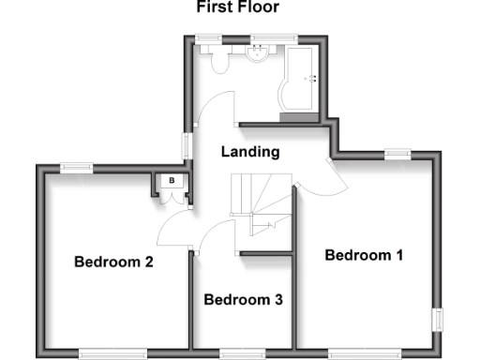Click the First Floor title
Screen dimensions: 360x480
(x=237, y=7)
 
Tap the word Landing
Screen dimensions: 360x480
(x=250, y=152)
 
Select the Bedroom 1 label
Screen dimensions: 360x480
(x=363, y=255)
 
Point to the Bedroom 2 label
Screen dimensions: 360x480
(x=113, y=262)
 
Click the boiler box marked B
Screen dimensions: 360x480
(x=172, y=181)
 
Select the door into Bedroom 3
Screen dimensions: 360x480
(x=217, y=232)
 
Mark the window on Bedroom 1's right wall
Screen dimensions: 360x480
(x=436, y=319)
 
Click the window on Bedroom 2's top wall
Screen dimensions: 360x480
(x=77, y=167)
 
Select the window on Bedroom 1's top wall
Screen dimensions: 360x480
(x=397, y=152)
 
